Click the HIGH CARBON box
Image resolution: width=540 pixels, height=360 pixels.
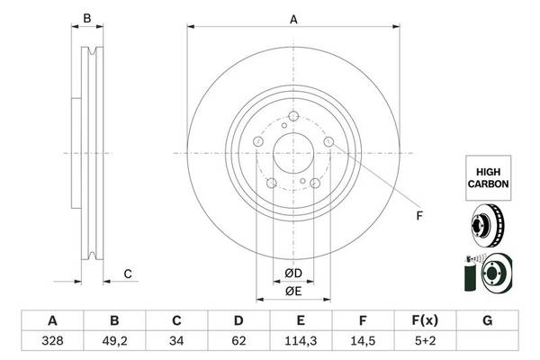[487, 175]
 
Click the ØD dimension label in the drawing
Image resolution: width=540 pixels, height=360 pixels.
[294, 273]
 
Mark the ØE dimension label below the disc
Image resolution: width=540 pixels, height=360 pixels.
[294, 291]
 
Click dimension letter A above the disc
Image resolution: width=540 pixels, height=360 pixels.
[293, 18]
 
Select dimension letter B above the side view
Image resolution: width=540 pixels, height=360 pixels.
[87, 18]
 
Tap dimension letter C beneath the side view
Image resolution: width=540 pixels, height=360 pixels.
[128, 274]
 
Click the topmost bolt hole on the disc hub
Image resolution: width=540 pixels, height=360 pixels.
[294, 115]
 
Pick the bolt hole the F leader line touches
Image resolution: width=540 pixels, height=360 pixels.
[328, 142]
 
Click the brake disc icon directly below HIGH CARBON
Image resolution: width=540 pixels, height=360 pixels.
[487, 226]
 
